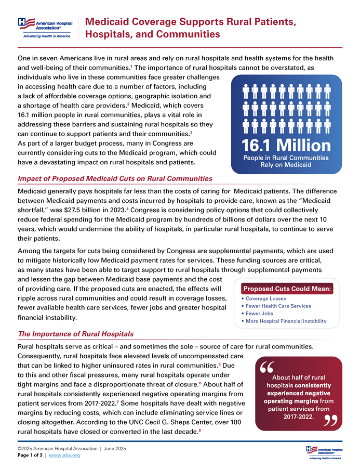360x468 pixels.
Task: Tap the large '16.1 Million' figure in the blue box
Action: [286, 145]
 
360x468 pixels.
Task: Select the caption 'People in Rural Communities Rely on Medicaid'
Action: [286, 161]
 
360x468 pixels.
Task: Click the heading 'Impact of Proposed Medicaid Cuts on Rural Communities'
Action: [115, 178]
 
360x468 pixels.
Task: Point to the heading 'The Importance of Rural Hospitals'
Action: [75, 334]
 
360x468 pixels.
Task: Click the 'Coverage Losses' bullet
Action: [265, 299]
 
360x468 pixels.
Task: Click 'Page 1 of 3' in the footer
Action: [31, 455]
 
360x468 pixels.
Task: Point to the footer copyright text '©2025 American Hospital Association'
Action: [57, 448]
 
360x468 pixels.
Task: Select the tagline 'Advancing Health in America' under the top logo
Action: [46, 36]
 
